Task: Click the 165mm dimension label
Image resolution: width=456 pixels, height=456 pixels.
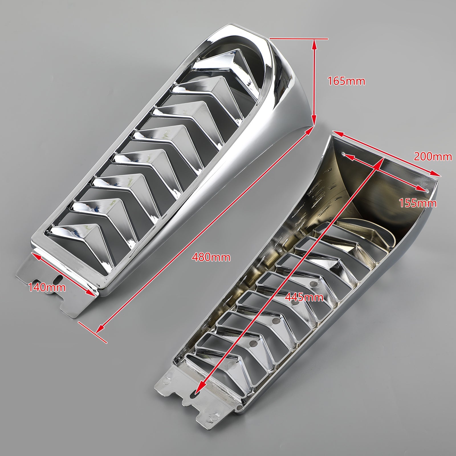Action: click(x=346, y=81)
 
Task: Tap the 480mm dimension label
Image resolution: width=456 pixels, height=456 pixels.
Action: click(x=211, y=257)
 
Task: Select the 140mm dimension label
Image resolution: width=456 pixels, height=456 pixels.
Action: click(x=47, y=288)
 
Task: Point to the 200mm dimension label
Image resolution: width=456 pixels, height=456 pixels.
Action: click(x=433, y=156)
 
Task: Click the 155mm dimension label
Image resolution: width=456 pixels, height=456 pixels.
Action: click(x=418, y=203)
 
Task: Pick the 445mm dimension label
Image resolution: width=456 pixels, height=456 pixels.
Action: click(x=304, y=298)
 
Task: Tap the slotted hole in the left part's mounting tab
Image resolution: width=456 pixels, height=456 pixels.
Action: click(x=59, y=279)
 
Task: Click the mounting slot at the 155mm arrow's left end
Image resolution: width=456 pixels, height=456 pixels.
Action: click(x=344, y=155)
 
